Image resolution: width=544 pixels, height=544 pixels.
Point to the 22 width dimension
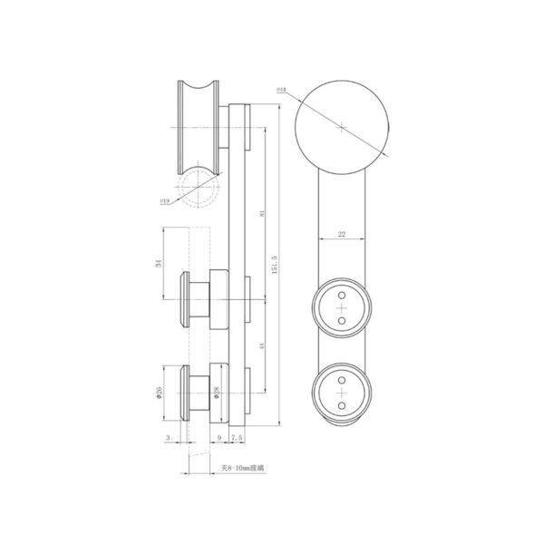(x=341, y=235)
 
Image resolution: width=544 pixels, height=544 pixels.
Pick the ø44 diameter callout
(x=282, y=91)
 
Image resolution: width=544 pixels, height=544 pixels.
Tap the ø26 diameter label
(x=159, y=393)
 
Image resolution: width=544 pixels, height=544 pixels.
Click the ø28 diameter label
(x=216, y=393)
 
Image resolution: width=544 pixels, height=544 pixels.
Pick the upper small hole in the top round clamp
(x=341, y=296)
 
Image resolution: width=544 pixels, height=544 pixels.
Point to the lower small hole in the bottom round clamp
(x=341, y=407)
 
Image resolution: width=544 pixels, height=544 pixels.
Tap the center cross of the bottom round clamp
(x=341, y=394)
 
